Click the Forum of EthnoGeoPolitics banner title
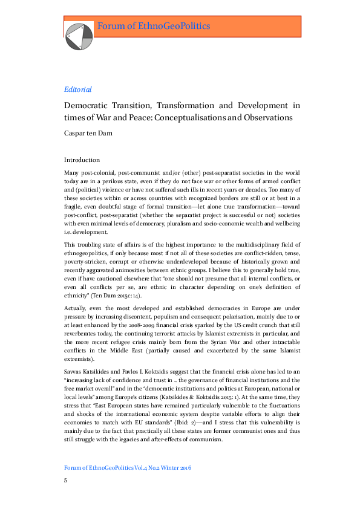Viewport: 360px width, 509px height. (154, 26)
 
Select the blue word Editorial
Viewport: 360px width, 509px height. (77, 89)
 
